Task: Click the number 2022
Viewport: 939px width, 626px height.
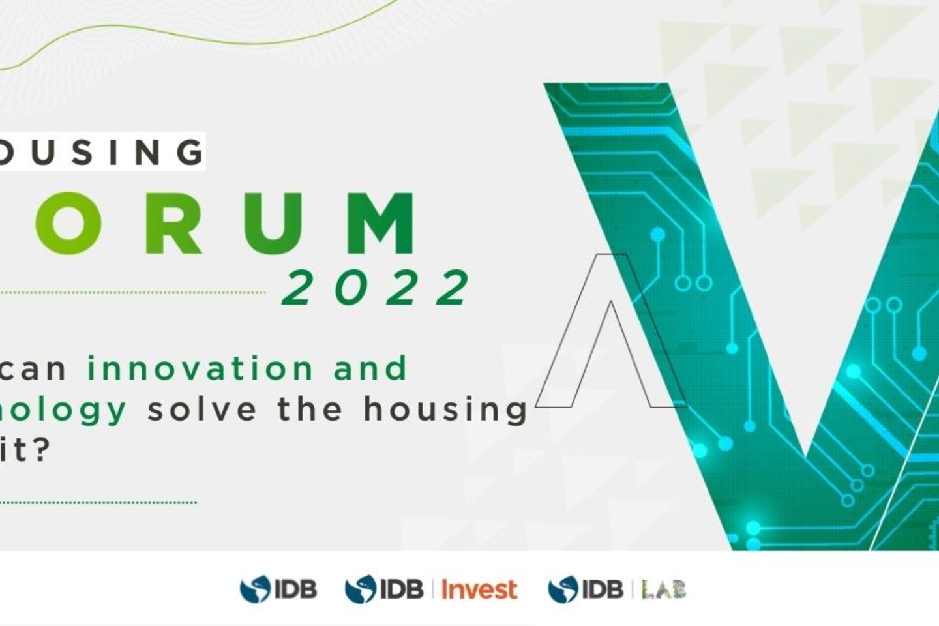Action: point(377,288)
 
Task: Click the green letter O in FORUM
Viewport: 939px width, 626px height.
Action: point(65,224)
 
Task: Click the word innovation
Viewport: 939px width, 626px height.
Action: point(200,368)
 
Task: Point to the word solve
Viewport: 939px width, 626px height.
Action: point(201,410)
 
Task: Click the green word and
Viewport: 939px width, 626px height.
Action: point(370,368)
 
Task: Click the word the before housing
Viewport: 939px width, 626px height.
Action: point(310,410)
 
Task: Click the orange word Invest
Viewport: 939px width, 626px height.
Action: point(479,589)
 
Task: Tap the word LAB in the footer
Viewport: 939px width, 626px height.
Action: point(664,590)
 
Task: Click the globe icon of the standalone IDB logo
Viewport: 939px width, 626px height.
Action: point(255,589)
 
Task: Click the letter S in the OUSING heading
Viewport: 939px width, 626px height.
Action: point(80,152)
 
